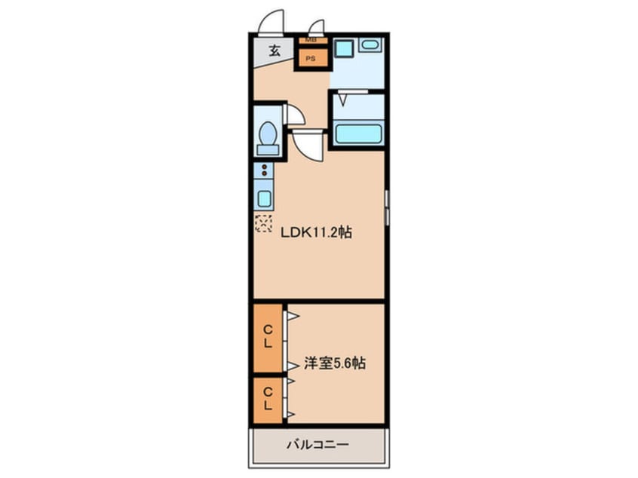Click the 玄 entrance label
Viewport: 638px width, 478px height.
click(275, 51)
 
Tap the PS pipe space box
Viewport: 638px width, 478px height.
click(310, 57)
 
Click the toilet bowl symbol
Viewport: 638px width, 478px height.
click(267, 136)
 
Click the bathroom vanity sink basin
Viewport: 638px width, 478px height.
click(370, 45)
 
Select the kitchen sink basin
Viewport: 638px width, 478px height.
click(265, 199)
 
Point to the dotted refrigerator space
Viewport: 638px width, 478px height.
click(264, 223)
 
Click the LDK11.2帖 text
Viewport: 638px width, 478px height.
click(316, 233)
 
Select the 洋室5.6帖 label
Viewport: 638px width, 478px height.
click(336, 363)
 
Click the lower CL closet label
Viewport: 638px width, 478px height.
click(268, 400)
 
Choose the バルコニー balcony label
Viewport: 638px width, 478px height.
click(317, 445)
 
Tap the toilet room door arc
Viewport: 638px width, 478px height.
click(295, 115)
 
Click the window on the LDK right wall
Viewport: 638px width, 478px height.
click(387, 207)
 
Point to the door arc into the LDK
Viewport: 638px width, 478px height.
click(309, 143)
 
